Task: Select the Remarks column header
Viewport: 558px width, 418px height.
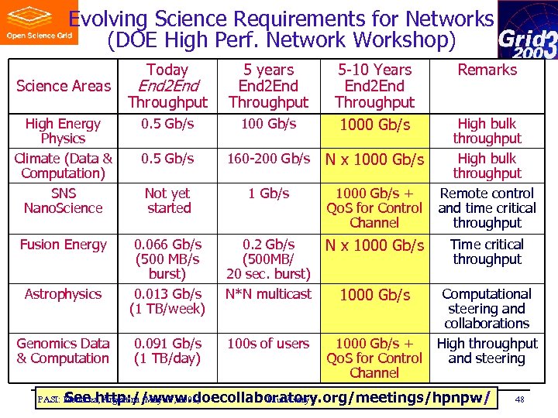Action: [487, 70]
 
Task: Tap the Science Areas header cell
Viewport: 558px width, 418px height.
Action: [64, 86]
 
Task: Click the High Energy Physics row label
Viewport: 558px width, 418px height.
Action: [63, 131]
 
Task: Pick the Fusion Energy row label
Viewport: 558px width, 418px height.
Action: [63, 245]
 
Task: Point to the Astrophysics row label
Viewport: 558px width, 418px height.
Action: [63, 294]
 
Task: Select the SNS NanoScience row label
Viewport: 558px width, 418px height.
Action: [63, 200]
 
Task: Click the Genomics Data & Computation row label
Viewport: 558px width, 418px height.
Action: [63, 351]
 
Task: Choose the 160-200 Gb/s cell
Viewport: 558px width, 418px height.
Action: [268, 159]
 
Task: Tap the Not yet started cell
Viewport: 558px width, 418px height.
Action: [167, 200]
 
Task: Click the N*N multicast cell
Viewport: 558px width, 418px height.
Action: [268, 294]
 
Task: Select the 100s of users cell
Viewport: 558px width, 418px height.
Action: [268, 344]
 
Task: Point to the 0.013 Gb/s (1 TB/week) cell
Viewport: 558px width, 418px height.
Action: [167, 301]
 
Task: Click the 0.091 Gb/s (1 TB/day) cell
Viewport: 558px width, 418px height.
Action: [167, 351]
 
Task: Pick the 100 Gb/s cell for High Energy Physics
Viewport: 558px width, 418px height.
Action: [268, 124]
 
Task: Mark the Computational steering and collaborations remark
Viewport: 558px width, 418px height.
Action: [487, 308]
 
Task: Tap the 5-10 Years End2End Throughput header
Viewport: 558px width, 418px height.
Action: [374, 86]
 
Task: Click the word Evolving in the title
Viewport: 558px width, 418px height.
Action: [108, 19]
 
